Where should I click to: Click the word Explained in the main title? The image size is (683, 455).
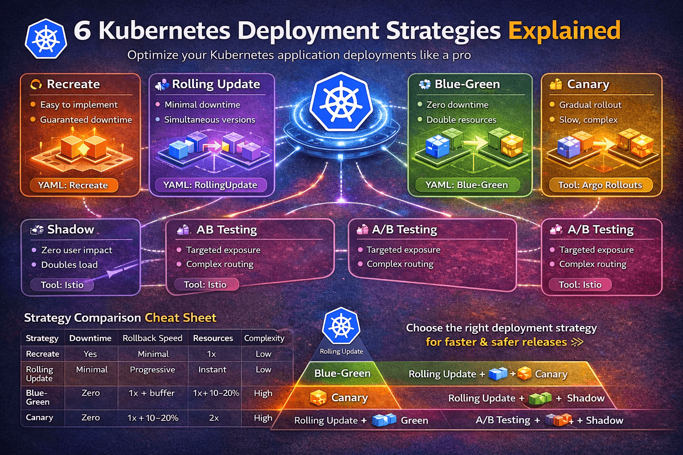564,31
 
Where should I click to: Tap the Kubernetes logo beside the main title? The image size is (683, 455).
46,39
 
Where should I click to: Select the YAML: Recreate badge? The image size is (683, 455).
73,185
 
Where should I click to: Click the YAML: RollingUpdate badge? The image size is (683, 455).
210,185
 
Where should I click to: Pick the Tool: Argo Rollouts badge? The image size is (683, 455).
600,185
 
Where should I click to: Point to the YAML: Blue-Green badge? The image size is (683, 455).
466,185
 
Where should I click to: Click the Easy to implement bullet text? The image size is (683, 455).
79,105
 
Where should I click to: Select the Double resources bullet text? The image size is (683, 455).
461,120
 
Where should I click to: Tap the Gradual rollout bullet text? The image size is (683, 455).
590,105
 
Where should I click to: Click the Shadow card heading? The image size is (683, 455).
70,229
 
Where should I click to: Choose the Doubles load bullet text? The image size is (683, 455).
69,265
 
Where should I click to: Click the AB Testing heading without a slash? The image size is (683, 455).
226,230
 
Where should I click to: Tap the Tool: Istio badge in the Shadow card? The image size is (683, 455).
62,285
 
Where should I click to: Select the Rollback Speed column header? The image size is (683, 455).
152,338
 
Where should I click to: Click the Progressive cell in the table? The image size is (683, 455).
152,370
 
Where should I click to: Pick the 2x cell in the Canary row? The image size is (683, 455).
214,418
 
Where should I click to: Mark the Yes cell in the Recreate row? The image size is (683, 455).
90,354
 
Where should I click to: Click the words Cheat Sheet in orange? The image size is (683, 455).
181,318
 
